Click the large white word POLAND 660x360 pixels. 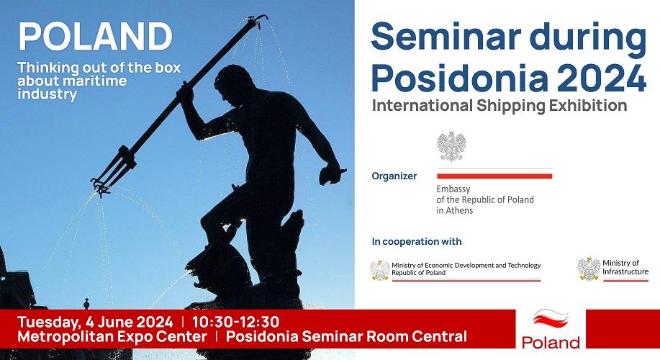[96, 36]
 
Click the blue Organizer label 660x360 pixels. [394, 176]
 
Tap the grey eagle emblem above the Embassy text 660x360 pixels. [451, 147]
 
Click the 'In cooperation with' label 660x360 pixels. [417, 241]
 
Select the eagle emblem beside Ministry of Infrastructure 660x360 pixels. [589, 269]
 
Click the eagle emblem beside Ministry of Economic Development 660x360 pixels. [380, 270]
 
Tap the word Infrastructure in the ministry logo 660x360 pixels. [625, 271]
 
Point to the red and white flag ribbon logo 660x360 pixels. [551, 319]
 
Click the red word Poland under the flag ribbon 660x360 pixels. [551, 342]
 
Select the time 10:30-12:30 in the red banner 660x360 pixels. [235, 322]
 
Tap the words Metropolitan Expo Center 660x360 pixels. [112, 336]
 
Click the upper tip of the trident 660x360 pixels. [266, 17]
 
